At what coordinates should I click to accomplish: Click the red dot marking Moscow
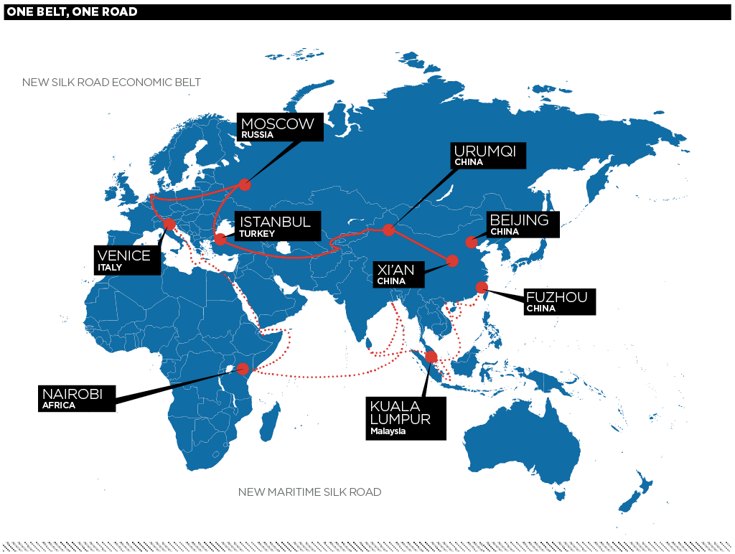pos(245,184)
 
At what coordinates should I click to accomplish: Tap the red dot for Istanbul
pos(221,239)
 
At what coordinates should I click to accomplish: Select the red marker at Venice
pos(170,225)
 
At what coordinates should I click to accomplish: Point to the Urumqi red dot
pos(388,230)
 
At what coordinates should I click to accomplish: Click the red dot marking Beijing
pos(471,243)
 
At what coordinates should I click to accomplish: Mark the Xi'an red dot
pos(452,260)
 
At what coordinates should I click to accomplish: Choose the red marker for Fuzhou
pos(482,288)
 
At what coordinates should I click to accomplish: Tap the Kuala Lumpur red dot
pos(431,357)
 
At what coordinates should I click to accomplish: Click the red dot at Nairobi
pos(243,368)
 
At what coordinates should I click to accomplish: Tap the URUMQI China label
pos(488,155)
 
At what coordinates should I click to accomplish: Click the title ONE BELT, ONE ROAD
pos(72,11)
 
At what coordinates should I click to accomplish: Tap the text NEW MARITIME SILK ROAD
pos(309,492)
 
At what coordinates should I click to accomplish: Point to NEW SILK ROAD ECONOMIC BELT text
pos(111,83)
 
